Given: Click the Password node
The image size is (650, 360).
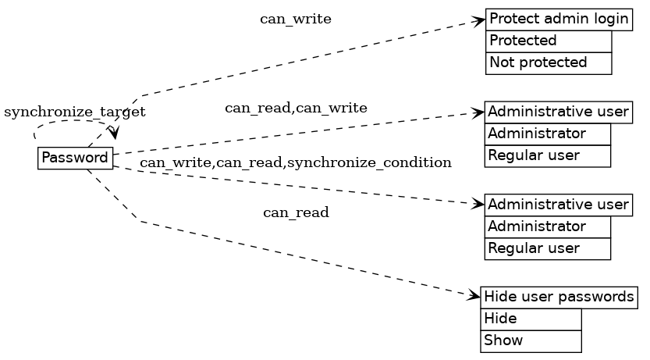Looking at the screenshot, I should pyautogui.click(x=75, y=158).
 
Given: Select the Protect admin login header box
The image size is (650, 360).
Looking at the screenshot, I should pyautogui.click(x=558, y=20).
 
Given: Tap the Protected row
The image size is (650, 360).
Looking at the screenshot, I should pyautogui.click(x=548, y=41).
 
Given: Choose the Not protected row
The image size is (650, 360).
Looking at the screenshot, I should pyautogui.click(x=548, y=62).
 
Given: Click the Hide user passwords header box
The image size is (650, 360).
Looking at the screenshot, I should pyautogui.click(x=559, y=297).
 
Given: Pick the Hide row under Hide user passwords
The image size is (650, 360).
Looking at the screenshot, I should pyautogui.click(x=531, y=319).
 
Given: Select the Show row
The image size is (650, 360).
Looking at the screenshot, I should pyautogui.click(x=531, y=340).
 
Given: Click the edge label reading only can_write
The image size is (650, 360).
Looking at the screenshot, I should pyautogui.click(x=295, y=20).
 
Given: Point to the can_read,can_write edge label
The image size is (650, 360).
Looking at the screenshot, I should pyautogui.click(x=296, y=108).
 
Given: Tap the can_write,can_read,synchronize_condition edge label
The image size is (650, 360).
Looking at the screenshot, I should pyautogui.click(x=295, y=162).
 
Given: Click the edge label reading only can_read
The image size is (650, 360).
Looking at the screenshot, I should pyautogui.click(x=295, y=212).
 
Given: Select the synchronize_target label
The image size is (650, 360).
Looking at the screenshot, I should pyautogui.click(x=75, y=112).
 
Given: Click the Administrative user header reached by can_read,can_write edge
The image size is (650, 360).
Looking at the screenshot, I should pyautogui.click(x=558, y=112).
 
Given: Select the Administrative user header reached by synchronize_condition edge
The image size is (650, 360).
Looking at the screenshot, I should pyautogui.click(x=558, y=205).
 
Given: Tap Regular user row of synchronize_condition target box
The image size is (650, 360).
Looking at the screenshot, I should pyautogui.click(x=547, y=249).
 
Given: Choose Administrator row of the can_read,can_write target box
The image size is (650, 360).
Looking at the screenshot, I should pyautogui.click(x=547, y=134).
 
